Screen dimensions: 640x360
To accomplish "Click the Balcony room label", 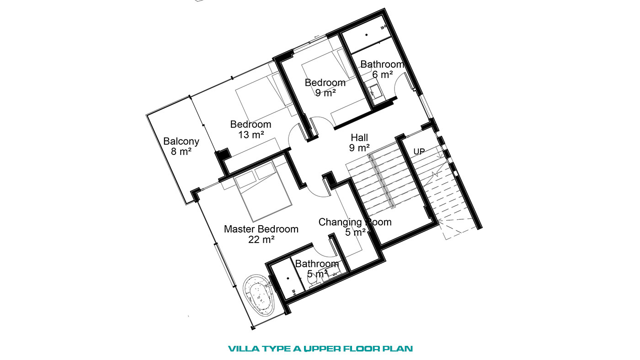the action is click(181, 141).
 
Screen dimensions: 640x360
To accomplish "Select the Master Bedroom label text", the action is click(261, 229).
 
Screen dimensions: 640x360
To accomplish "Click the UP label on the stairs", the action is click(419, 151).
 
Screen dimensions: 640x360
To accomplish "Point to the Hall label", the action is click(359, 138).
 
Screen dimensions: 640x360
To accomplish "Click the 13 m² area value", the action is click(251, 134).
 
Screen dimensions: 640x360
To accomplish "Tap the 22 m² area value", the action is click(261, 239).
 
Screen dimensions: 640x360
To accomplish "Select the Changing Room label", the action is click(355, 222).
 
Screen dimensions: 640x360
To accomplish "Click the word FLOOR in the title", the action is click(362, 349).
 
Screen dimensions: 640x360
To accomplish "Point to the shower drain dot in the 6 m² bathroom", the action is click(366, 35).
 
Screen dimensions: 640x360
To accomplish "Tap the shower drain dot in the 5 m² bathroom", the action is click(288, 278).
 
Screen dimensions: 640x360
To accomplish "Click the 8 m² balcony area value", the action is click(181, 151).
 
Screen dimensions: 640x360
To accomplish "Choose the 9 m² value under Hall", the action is click(359, 148).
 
